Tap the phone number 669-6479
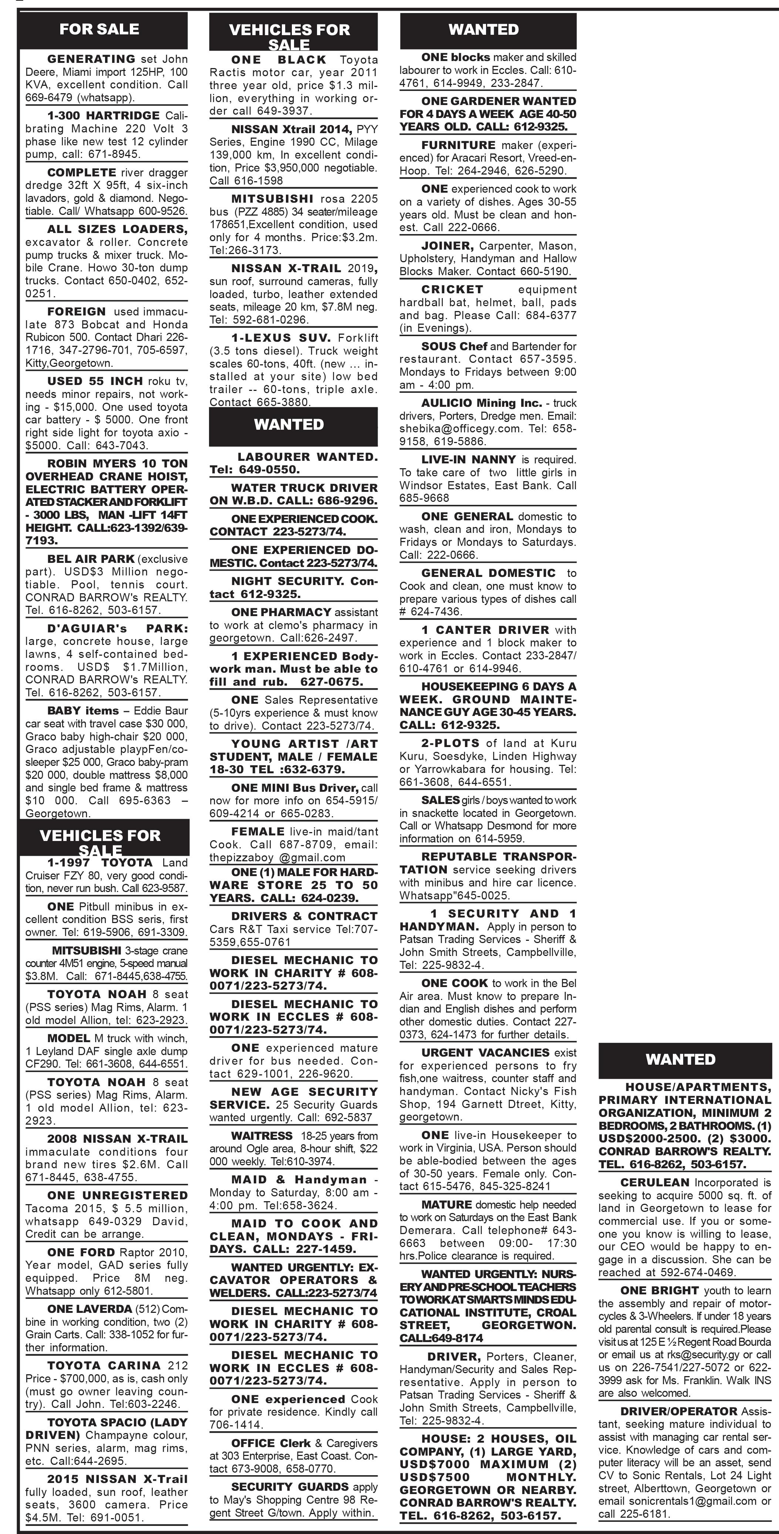50,98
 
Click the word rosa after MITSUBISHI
332,198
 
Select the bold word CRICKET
452,290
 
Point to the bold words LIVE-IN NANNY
468,460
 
